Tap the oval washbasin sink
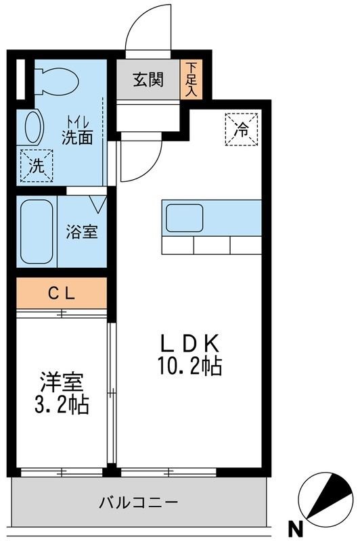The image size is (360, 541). (x=33, y=126)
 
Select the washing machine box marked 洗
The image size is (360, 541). (x=37, y=166)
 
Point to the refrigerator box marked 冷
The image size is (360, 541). (x=242, y=129)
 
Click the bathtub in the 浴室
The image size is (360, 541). (x=37, y=232)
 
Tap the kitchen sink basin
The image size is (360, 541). (x=184, y=218)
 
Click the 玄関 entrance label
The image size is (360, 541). (x=148, y=80)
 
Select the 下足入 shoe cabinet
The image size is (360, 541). (x=191, y=79)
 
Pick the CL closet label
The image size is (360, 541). (x=62, y=294)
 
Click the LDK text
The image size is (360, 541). (x=189, y=344)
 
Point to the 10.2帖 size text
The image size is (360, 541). (x=189, y=366)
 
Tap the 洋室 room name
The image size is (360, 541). (x=62, y=382)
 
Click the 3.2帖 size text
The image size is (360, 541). (x=62, y=404)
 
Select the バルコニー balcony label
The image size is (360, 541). (x=139, y=502)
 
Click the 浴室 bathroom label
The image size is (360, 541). (x=82, y=232)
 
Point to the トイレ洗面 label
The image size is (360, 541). (x=78, y=131)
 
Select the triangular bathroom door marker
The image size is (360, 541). (x=97, y=204)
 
